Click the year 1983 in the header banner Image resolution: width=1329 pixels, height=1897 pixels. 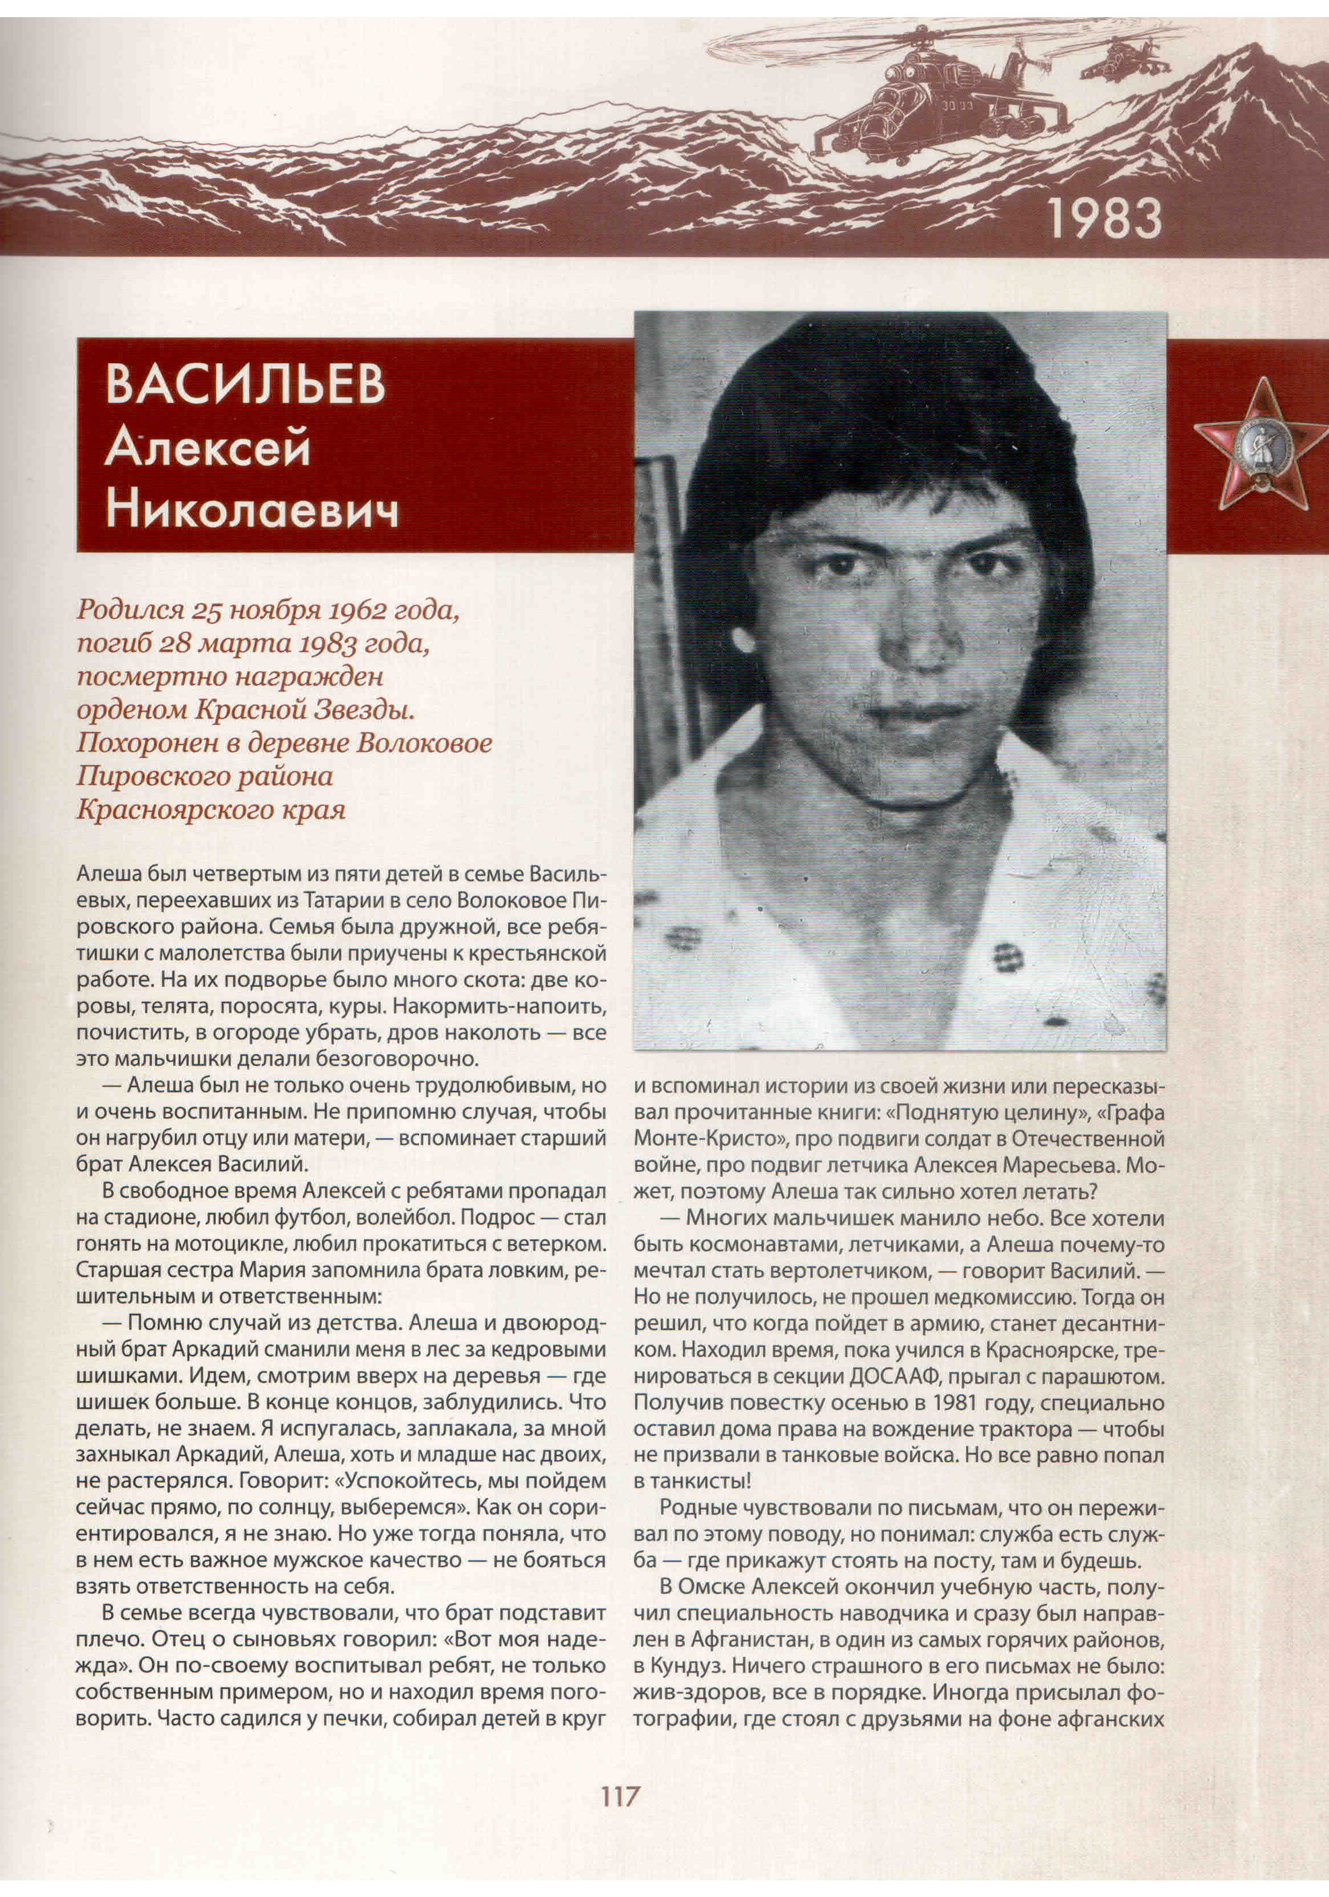[1104, 218]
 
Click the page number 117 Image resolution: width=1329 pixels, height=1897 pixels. [620, 1796]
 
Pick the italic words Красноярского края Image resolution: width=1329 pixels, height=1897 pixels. [211, 810]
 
